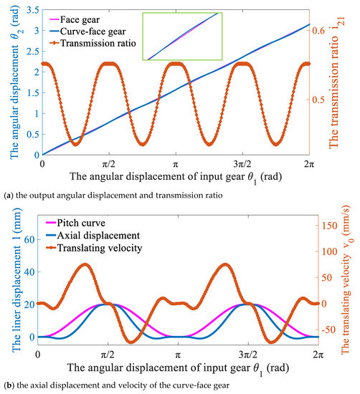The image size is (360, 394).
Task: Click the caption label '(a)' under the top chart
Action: point(6,192)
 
